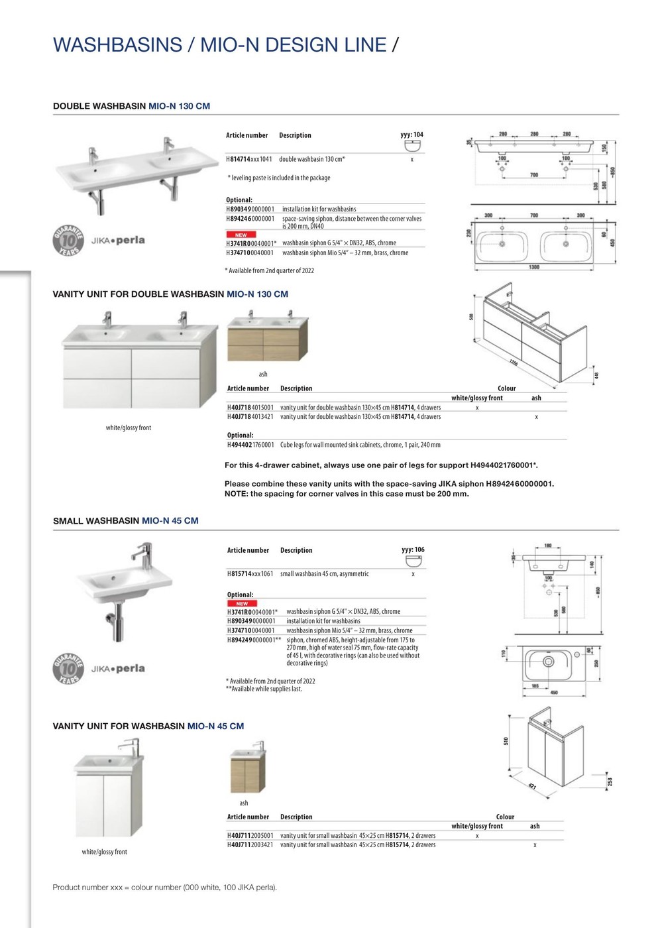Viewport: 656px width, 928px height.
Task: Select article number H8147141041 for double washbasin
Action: (x=249, y=159)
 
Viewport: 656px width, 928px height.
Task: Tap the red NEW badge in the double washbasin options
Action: (x=241, y=235)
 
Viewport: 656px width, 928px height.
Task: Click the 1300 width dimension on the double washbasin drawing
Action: (x=534, y=267)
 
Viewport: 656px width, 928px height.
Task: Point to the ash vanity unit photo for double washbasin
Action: (x=268, y=340)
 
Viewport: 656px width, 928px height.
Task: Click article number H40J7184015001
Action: (x=250, y=408)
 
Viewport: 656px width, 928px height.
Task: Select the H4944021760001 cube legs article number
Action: (x=250, y=445)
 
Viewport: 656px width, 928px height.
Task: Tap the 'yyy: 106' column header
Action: (x=413, y=550)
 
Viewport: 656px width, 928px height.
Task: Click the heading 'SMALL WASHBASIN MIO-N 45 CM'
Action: (x=126, y=521)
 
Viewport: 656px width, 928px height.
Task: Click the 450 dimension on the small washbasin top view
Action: (x=554, y=693)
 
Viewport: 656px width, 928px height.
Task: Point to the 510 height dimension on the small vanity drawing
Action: (x=506, y=740)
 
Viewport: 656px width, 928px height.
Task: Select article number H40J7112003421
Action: (x=250, y=844)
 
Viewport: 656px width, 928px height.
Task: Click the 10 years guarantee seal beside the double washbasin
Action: (x=69, y=240)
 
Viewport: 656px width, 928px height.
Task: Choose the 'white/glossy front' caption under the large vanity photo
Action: (x=129, y=428)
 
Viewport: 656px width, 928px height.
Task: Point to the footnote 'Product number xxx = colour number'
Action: (x=164, y=887)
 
